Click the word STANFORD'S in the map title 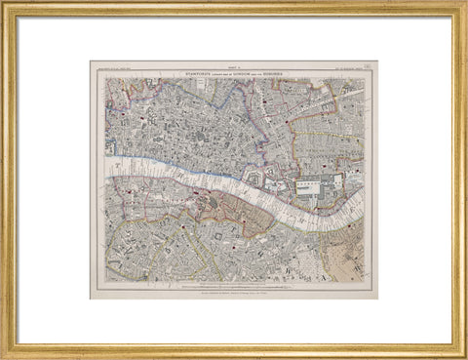(187, 70)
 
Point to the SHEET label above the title (233, 64)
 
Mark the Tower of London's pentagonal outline (255, 181)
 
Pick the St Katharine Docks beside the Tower (277, 184)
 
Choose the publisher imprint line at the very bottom (233, 293)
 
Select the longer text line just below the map (233, 286)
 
